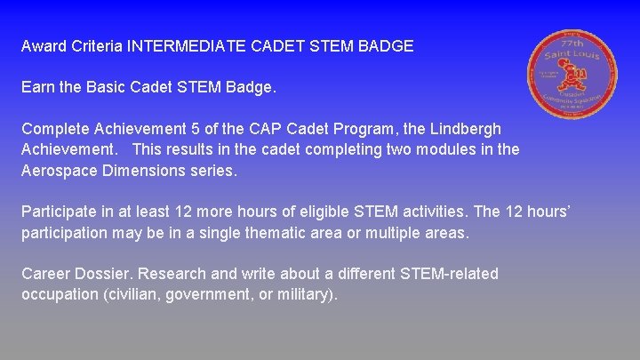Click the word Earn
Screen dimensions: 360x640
(x=38, y=89)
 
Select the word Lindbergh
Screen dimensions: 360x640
(x=464, y=130)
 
